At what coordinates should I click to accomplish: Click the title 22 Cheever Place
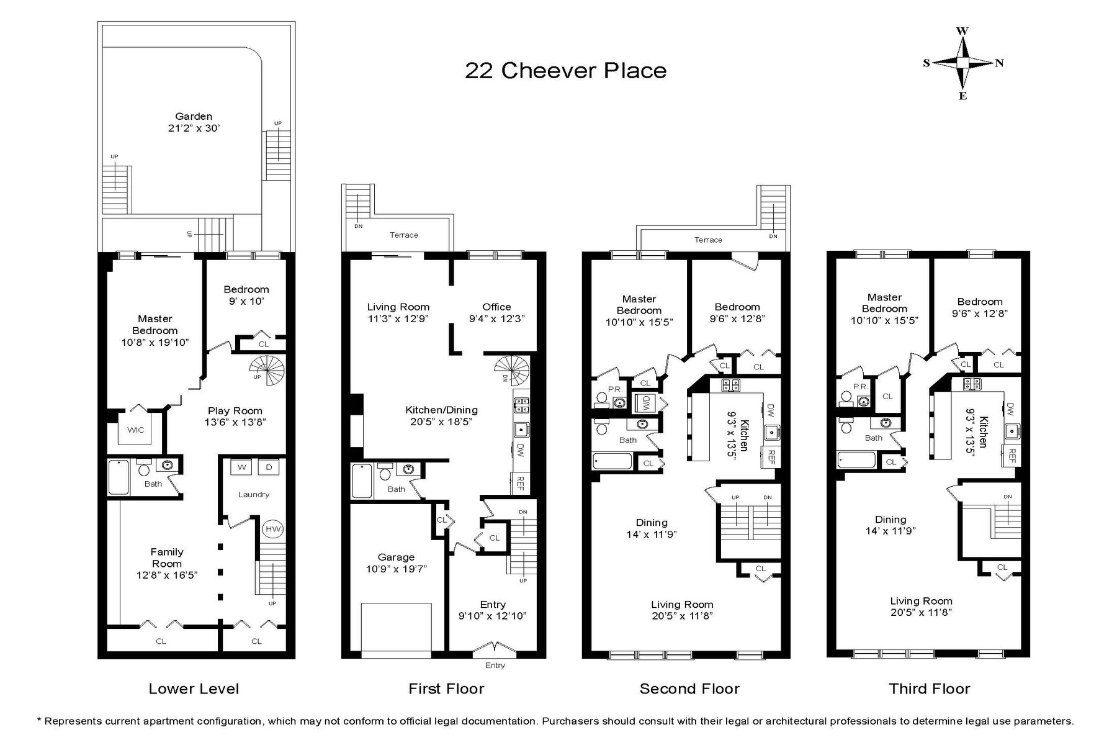click(566, 70)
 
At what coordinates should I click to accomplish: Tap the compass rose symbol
click(962, 63)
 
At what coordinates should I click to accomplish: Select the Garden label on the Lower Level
click(194, 116)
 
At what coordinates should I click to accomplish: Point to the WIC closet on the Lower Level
click(136, 430)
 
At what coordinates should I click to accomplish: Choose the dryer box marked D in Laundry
click(269, 467)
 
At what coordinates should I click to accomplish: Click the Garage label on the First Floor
click(396, 558)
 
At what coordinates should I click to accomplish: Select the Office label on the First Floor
click(496, 307)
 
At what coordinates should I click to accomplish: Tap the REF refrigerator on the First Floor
click(520, 483)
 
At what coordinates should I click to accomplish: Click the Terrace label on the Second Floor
click(708, 240)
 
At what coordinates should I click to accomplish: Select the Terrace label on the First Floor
click(404, 235)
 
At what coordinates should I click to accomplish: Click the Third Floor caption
click(929, 689)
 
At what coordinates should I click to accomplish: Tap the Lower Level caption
click(194, 689)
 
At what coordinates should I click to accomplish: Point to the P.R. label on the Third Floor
click(860, 386)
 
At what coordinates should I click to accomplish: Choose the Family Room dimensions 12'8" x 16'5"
click(167, 575)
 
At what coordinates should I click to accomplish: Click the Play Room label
click(235, 410)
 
